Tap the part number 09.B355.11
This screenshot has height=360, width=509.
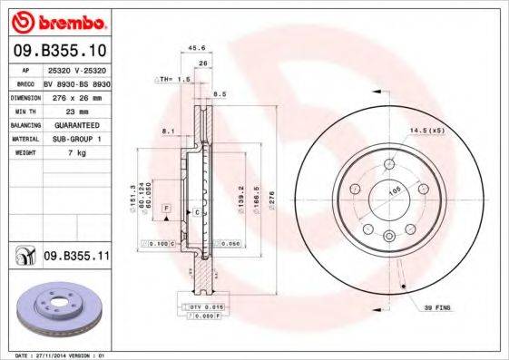73,258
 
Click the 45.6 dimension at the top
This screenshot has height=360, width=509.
193,48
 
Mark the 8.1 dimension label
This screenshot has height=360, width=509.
167,131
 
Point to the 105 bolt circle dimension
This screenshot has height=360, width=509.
394,192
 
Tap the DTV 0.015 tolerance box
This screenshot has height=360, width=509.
207,308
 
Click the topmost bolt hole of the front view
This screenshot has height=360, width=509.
389,164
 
